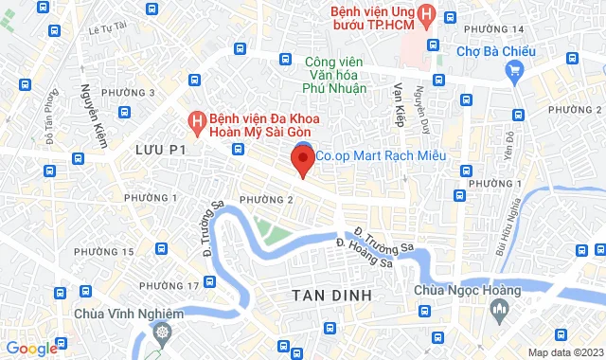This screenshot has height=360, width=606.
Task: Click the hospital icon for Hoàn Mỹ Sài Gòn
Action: [x=196, y=121]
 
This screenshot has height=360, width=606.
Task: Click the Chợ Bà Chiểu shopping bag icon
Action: [x=514, y=69]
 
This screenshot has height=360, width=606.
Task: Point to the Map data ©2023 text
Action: [x=563, y=352]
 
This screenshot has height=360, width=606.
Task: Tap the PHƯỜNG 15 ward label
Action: [x=104, y=251]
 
